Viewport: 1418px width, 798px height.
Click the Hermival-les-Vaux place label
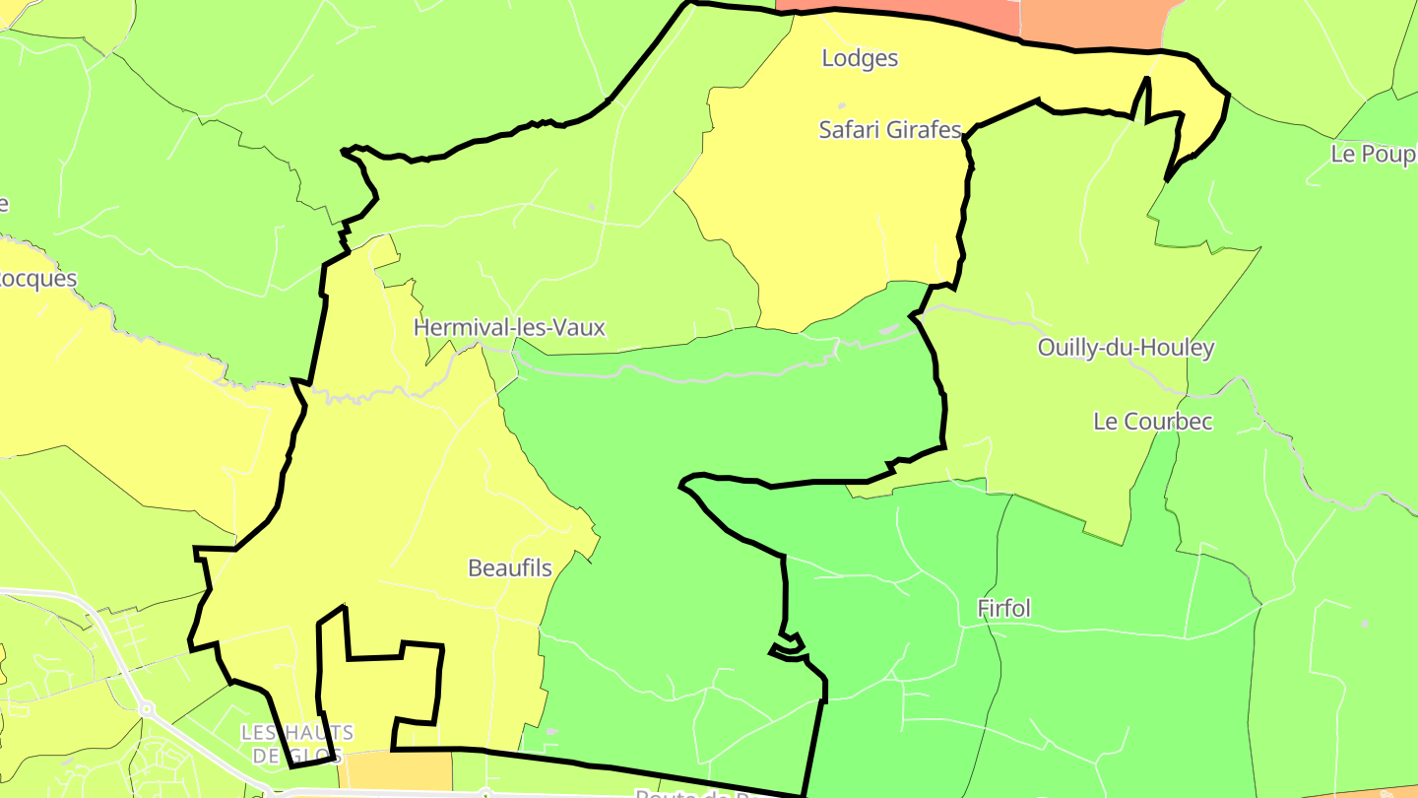point(509,327)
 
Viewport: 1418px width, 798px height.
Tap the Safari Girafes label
point(889,129)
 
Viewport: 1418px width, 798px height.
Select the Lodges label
point(860,58)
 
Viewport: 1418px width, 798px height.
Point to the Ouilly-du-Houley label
point(1126,348)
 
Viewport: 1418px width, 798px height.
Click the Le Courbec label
point(1152,422)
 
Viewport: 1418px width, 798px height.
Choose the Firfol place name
point(1003,609)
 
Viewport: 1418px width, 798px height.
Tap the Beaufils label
point(510,568)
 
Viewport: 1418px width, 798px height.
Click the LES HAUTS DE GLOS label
point(297,745)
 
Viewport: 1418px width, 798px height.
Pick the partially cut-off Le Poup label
point(1373,155)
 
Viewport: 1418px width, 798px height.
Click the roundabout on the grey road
point(147,707)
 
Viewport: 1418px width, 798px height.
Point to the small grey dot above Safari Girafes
point(841,105)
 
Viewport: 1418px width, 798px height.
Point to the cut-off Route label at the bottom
point(689,793)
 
